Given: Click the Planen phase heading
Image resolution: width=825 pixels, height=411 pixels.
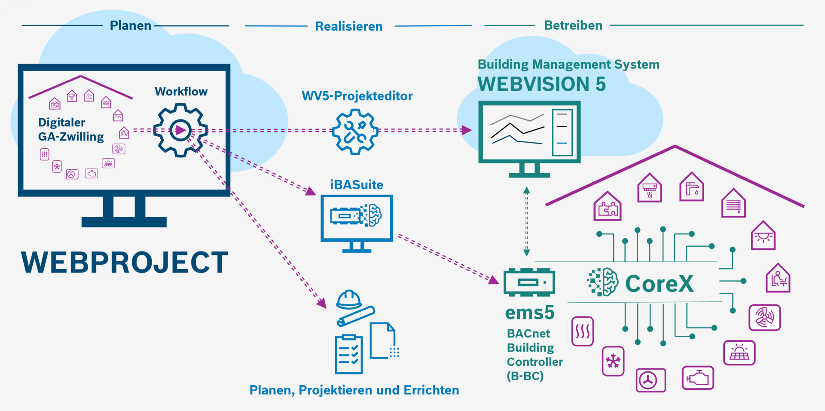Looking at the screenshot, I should [x=130, y=26].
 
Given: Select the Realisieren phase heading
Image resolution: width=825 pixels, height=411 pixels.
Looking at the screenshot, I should [x=348, y=27].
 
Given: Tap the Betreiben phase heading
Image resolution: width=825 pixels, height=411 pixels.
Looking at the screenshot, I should [x=573, y=25].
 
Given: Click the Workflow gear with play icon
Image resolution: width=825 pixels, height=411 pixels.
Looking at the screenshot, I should [x=180, y=130].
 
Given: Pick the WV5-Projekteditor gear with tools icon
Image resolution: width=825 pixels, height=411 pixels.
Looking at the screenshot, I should [x=355, y=132].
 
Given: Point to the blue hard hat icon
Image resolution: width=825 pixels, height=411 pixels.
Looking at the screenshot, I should [x=348, y=299].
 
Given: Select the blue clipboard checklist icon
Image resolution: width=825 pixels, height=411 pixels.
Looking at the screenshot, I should [x=348, y=354].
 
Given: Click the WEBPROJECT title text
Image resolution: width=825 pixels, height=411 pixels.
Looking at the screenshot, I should [x=125, y=262].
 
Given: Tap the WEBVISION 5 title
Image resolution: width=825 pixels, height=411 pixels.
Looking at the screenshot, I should [x=541, y=84].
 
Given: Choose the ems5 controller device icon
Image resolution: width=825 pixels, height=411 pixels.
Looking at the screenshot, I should [x=529, y=282].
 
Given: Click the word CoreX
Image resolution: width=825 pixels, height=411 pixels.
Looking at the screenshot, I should [x=659, y=284].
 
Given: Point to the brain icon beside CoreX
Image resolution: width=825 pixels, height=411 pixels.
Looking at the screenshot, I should [x=603, y=282].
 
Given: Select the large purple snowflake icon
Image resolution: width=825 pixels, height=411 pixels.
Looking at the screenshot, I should [x=613, y=361].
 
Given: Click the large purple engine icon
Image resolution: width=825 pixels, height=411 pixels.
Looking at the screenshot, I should [x=698, y=378].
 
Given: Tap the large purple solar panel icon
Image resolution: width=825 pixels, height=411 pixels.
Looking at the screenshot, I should [x=739, y=353].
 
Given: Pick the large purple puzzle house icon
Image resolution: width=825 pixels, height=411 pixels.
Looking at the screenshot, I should [x=607, y=207].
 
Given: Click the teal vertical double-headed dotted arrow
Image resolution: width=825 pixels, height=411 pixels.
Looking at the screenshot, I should [x=526, y=221].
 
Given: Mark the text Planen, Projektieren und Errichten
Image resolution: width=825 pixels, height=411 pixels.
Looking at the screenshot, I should [x=354, y=390].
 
